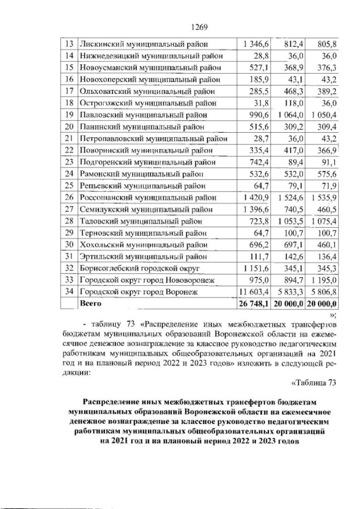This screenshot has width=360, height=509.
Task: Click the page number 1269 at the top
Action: tap(200, 27)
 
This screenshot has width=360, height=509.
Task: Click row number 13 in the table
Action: tap(70, 44)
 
